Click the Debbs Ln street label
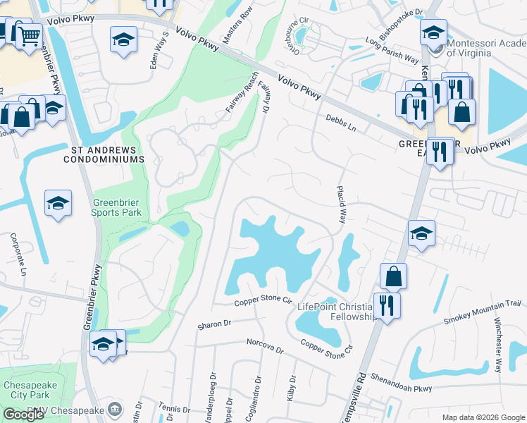(x=341, y=124)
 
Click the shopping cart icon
(x=28, y=34)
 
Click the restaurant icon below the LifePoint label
(x=387, y=305)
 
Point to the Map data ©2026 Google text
(x=483, y=417)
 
